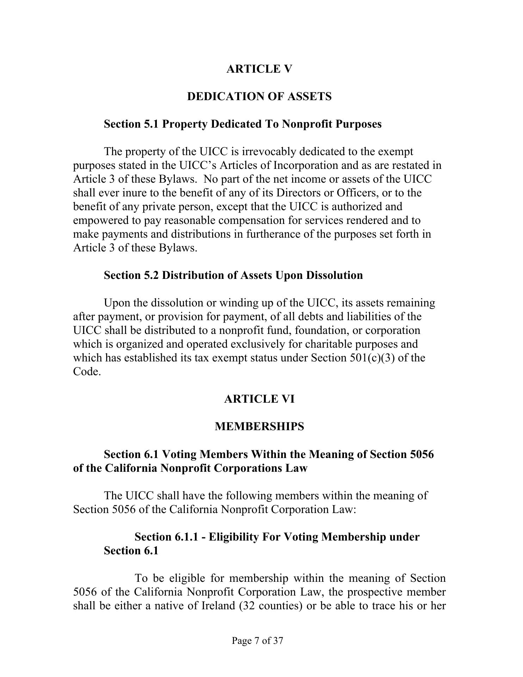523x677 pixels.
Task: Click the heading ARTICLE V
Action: coord(259,69)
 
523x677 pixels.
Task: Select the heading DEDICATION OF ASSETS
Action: coord(259,96)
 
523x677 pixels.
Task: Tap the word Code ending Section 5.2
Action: coord(87,372)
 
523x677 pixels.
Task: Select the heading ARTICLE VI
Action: coord(259,399)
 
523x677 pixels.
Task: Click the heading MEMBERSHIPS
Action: coord(259,427)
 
